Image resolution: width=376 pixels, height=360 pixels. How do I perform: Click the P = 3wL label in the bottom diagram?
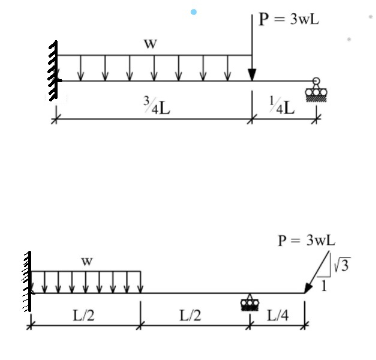[306, 241]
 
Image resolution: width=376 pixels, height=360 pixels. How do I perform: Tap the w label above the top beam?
[151, 43]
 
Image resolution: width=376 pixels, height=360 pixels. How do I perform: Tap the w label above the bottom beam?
[87, 261]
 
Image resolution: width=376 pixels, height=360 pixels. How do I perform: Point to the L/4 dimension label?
[276, 315]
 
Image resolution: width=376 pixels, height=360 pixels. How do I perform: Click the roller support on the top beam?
[314, 91]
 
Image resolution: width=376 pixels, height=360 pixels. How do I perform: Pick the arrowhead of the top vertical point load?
[252, 74]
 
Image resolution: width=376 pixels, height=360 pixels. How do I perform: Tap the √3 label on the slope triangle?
[341, 263]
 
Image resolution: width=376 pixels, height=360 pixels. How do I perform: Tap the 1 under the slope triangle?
[324, 286]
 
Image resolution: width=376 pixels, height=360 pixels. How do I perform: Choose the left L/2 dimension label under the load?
[83, 315]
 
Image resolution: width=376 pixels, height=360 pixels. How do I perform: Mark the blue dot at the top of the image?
[194, 12]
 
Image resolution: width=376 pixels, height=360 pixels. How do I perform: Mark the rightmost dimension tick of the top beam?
[317, 119]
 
